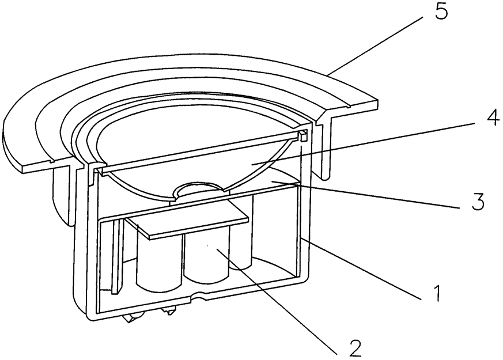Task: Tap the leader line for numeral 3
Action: [x=375, y=193]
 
